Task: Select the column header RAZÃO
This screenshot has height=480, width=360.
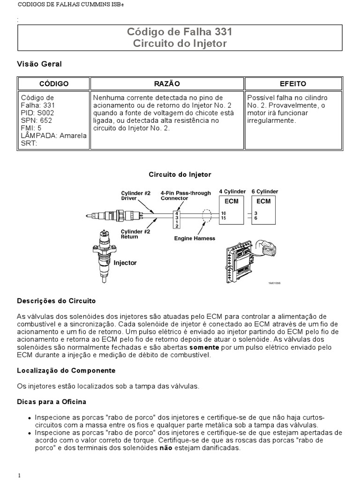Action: coord(167,83)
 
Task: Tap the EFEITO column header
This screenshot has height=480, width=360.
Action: coord(293,83)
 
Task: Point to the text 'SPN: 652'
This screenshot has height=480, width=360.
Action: coord(37,120)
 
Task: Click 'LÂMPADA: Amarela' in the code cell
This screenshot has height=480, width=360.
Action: coord(54,135)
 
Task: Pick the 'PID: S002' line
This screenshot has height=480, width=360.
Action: coord(37,113)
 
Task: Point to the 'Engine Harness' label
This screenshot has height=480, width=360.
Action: coord(195,238)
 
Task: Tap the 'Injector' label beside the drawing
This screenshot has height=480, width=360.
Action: coord(125,263)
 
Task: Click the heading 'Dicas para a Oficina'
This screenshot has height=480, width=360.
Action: coord(52,402)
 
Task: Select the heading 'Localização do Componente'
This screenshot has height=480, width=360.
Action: coord(66,370)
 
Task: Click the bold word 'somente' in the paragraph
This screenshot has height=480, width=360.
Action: coord(204,347)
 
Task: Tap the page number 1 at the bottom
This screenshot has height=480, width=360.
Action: coord(20,475)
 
